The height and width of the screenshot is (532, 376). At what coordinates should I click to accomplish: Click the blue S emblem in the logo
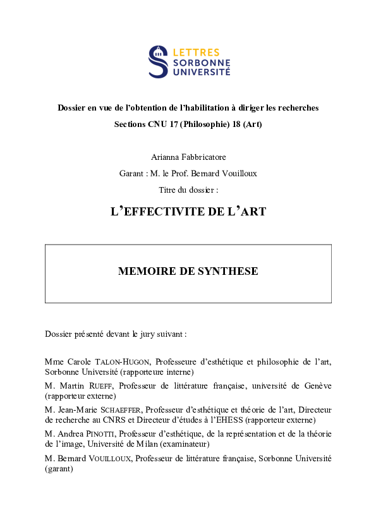[158, 61]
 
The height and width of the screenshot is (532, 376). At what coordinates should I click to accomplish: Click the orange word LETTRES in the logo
[196, 52]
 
